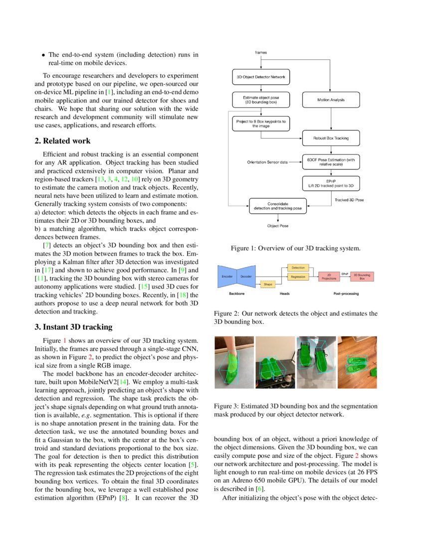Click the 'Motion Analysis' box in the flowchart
point(331,100)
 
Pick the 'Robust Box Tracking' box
point(331,138)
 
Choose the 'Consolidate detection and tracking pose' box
point(277,206)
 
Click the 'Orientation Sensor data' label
point(267,162)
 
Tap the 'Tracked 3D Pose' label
point(349,200)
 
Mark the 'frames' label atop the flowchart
point(260,52)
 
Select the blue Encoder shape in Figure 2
point(227,275)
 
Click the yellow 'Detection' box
point(298,268)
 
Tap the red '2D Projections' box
point(329,276)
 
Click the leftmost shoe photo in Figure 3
point(233,363)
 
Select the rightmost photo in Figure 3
point(357,363)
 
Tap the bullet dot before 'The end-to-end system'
point(44,55)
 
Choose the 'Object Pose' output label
point(277,226)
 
